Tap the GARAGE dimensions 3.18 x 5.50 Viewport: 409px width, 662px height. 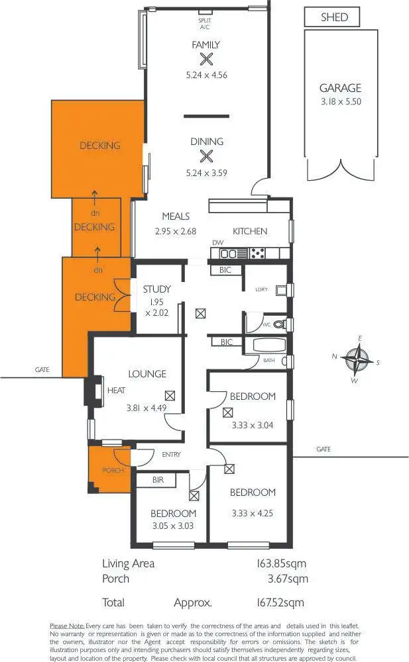click(x=341, y=102)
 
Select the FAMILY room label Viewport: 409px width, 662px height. click(x=205, y=45)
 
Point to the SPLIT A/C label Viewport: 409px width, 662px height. click(x=205, y=24)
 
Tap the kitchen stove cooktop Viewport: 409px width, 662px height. click(x=257, y=253)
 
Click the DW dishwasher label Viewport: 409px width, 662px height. click(x=218, y=243)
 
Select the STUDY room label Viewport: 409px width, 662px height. click(x=157, y=289)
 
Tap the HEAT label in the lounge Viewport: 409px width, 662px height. click(x=116, y=391)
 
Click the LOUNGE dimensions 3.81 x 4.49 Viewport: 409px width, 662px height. click(x=146, y=408)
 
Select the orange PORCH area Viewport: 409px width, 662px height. click(x=109, y=470)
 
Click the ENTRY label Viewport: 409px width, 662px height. click(x=171, y=454)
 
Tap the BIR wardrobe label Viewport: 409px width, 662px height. click(x=158, y=479)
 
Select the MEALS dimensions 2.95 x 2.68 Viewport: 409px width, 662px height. click(x=176, y=232)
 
